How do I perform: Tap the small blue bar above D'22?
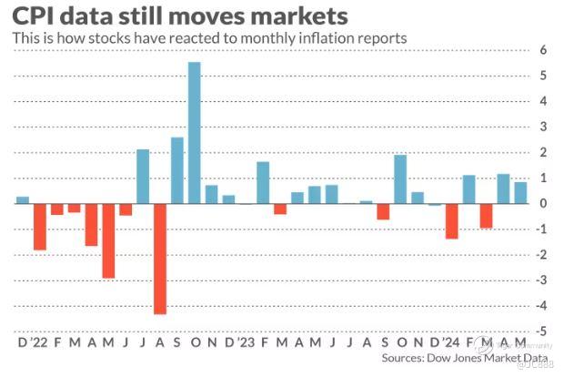(x=23, y=199)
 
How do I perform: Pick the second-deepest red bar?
(x=108, y=239)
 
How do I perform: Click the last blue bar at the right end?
(x=520, y=192)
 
